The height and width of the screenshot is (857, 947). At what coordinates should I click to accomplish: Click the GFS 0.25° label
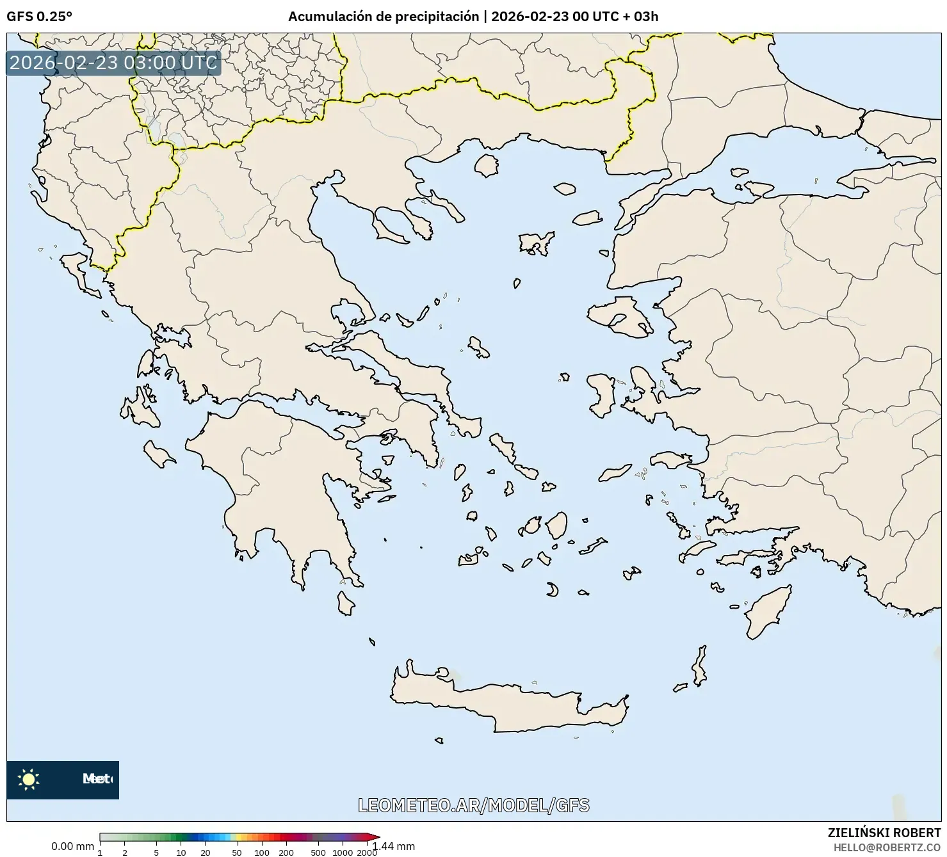pos(39,17)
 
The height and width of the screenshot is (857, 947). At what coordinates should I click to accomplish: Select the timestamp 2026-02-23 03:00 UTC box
pos(113,63)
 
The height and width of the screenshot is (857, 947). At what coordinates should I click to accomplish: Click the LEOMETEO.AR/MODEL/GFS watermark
pos(473,805)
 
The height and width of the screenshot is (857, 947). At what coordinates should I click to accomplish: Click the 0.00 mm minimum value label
pos(72,846)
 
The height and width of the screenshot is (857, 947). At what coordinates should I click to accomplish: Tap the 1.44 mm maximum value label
pos(394,846)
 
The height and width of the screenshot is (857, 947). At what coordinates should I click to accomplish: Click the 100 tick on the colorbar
pos(261,852)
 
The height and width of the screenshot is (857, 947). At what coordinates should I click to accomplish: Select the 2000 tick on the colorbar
pos(367,852)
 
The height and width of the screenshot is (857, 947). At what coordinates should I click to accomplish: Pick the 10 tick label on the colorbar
pos(181,852)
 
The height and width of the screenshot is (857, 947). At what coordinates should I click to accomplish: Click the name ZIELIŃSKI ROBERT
pos(884,833)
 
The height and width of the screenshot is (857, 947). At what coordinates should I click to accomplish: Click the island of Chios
pos(601,394)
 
